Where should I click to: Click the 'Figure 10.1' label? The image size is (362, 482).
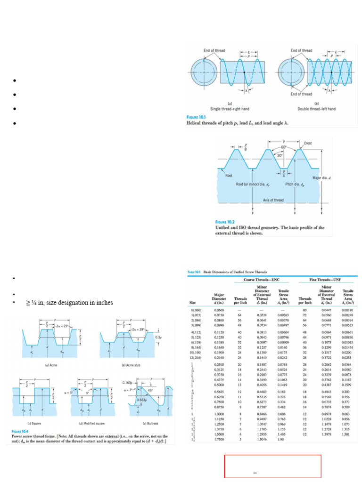pos(198,117)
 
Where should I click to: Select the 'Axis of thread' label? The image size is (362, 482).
pos(273,200)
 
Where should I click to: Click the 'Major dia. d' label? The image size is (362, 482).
pos(322,178)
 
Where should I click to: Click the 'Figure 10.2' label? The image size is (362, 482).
pos(226,222)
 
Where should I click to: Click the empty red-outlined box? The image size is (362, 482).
pos(273,466)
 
